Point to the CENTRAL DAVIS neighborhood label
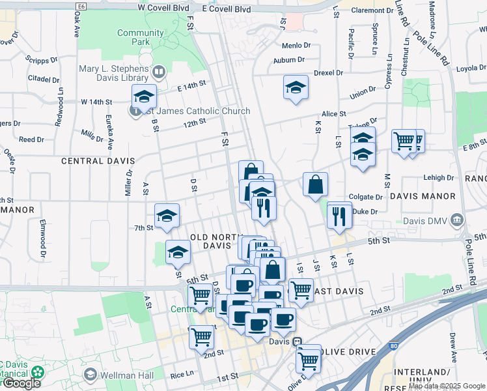pyautogui.click(x=98, y=160)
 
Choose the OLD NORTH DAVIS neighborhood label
pyautogui.click(x=212, y=241)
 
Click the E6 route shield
pyautogui.click(x=81, y=6)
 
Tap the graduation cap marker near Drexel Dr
pyautogui.click(x=296, y=88)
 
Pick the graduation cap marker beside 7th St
pyautogui.click(x=167, y=216)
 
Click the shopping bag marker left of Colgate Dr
pyautogui.click(x=315, y=185)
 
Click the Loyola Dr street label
pyautogui.click(x=472, y=68)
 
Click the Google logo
pyautogui.click(x=21, y=383)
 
